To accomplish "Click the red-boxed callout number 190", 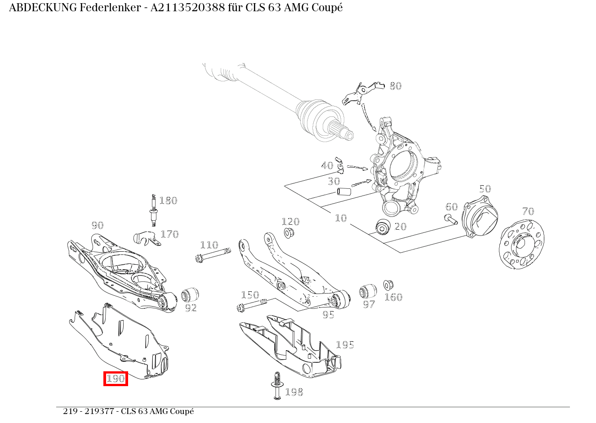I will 116,378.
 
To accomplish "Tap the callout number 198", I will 294,392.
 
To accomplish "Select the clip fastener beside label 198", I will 276,385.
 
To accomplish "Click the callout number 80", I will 395,86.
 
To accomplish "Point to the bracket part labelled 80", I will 361,93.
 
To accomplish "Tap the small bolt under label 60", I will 450,219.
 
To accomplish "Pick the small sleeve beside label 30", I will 344,192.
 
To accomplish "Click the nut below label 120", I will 289,233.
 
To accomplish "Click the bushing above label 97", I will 368,291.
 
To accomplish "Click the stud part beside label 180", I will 154,210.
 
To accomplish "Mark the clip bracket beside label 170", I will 146,238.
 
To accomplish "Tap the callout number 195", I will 345,345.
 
